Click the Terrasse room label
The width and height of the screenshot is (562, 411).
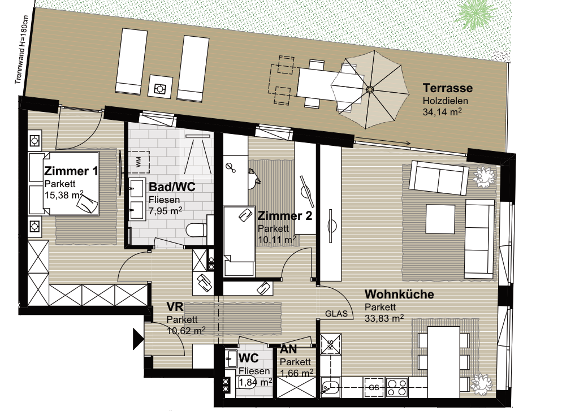coord(448,88)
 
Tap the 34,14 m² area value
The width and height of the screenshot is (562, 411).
coord(442,112)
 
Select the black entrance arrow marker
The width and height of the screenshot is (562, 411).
coord(139,338)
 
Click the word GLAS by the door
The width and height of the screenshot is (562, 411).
coord(336,314)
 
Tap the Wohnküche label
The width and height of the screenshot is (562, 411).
coord(399,294)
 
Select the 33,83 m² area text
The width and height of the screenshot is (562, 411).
coord(384,318)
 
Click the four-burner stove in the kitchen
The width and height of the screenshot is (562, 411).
coord(396,387)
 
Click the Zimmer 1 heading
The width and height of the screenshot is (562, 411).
coord(71,171)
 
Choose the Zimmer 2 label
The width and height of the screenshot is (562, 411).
coord(285,216)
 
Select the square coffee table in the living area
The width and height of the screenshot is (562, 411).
coord(440,218)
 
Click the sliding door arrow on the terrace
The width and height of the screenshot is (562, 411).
coord(383,141)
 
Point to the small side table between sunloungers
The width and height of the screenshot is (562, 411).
coord(158,85)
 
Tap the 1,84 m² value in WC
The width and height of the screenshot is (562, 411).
coord(255,382)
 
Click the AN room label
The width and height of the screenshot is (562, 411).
coord(288,349)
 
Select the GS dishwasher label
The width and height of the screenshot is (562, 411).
coord(374,388)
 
